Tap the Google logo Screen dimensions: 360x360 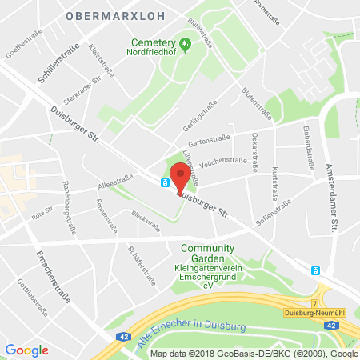[26, 350]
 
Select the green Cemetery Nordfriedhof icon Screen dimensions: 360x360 [186, 45]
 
